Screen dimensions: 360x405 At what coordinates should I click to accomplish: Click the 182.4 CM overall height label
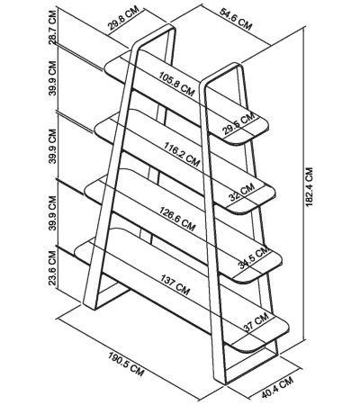(310, 186)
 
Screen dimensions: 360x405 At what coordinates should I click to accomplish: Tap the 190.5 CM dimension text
(126, 364)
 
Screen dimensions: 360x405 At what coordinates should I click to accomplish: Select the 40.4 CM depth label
(277, 387)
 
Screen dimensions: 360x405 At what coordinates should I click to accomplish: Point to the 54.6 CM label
(236, 19)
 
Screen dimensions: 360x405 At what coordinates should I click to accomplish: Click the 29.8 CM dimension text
(124, 20)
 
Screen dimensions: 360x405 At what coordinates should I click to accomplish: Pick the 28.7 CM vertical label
(52, 27)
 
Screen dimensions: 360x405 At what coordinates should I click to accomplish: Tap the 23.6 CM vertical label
(52, 267)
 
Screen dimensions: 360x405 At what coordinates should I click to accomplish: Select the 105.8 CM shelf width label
(176, 84)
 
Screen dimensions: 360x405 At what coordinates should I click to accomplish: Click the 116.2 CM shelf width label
(182, 154)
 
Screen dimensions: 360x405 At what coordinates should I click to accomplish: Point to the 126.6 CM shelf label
(177, 219)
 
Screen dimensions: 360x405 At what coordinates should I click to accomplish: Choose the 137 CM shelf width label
(175, 284)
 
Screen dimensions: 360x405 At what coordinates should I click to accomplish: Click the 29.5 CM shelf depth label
(238, 123)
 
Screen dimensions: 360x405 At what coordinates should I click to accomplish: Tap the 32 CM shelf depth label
(241, 192)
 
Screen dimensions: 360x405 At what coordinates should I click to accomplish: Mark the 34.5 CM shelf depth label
(254, 256)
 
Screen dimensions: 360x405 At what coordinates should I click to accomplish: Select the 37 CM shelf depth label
(256, 322)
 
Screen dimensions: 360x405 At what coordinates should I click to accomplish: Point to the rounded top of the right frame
(223, 71)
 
